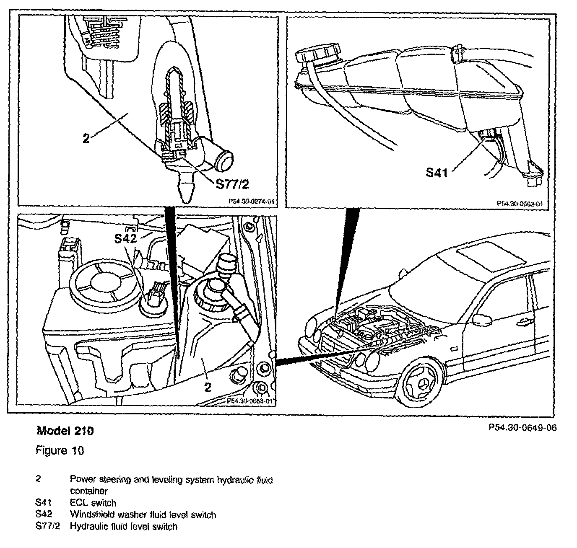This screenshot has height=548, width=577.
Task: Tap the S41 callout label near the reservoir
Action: pos(437,172)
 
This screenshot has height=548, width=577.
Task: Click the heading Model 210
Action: pos(65,431)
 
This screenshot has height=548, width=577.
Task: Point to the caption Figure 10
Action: pos(60,450)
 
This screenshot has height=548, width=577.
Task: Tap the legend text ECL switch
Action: pos(93,502)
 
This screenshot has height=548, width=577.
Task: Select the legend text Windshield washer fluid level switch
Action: pos(143,514)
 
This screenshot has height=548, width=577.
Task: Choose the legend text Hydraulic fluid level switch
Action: pos(123,526)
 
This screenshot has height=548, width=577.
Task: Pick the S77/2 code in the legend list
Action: pos(47,526)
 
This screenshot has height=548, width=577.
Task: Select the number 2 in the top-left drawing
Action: pos(86,139)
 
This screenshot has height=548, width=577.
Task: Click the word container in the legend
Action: pos(88,491)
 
